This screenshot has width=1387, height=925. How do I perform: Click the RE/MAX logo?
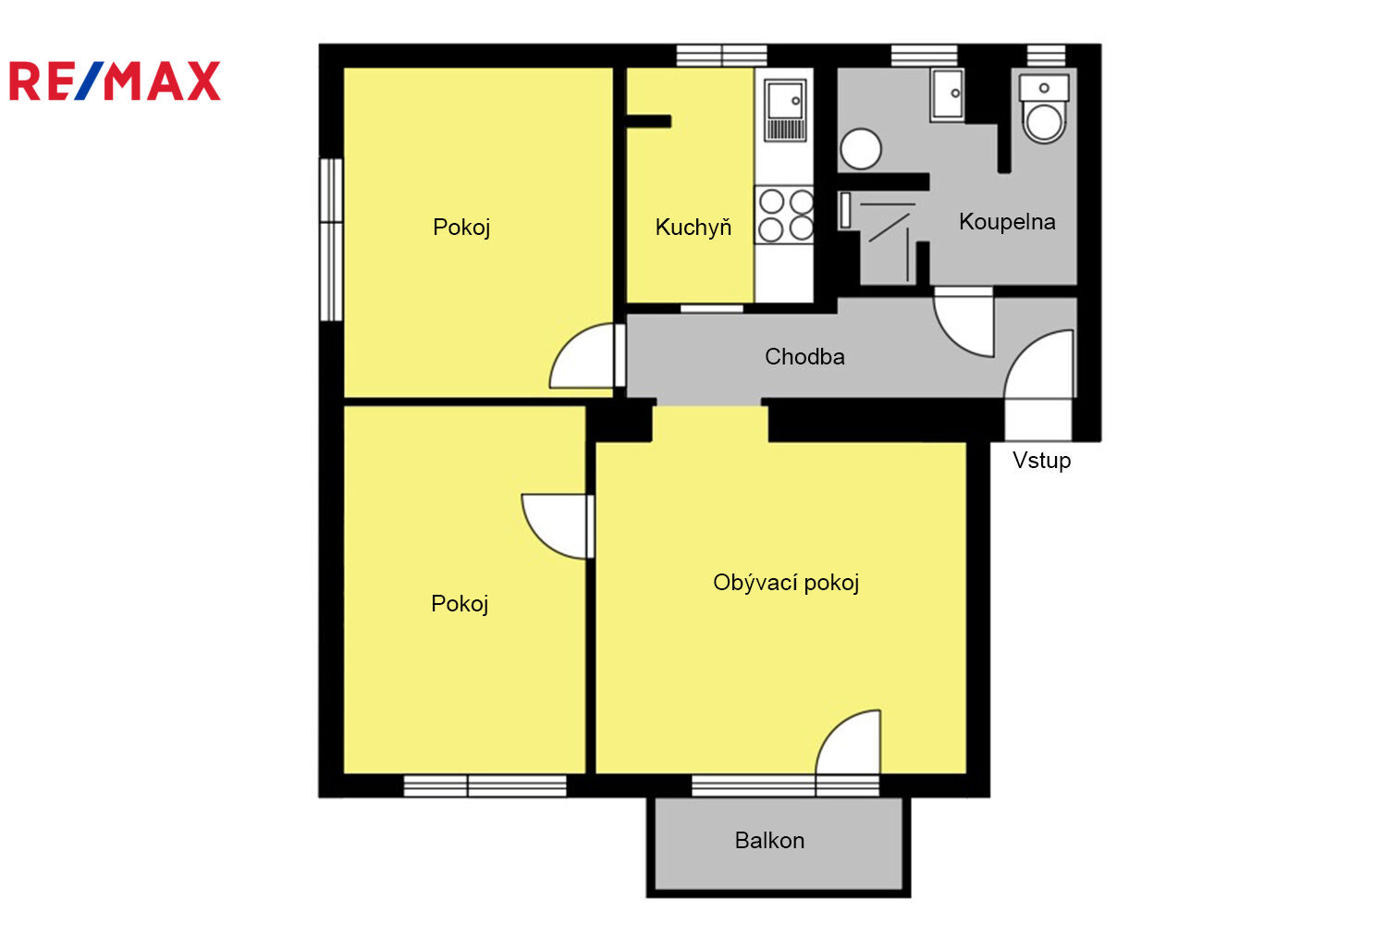click(x=115, y=80)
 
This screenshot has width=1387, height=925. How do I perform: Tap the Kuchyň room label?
click(x=693, y=227)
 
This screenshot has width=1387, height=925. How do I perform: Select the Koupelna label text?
click(x=1007, y=221)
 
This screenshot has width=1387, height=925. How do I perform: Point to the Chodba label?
click(x=804, y=356)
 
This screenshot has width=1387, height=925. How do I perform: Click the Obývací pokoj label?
click(x=786, y=583)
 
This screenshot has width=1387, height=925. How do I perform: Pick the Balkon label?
click(x=769, y=840)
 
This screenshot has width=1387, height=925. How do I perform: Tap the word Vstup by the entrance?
click(x=1041, y=461)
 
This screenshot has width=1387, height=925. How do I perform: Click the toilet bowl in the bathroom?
click(x=1044, y=109)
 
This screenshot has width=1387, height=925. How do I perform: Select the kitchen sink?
click(x=784, y=110)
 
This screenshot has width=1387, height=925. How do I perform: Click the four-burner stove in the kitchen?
click(x=784, y=215)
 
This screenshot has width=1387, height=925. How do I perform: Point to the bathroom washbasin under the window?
click(x=947, y=94)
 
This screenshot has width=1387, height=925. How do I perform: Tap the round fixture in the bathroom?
click(x=861, y=149)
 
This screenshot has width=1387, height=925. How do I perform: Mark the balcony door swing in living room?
click(x=848, y=742)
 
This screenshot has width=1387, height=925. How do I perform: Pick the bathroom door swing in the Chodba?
click(x=964, y=323)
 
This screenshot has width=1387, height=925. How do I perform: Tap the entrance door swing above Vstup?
click(x=1039, y=364)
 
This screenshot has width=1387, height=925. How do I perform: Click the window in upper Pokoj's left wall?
click(x=331, y=240)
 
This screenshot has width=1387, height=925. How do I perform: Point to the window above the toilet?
click(x=1046, y=55)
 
